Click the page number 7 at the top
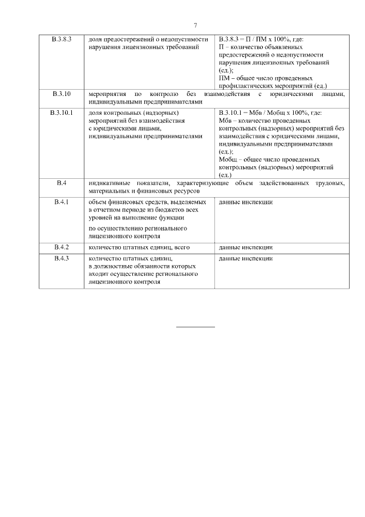[196, 26]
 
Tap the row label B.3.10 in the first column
[61, 94]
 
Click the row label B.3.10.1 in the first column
[61, 113]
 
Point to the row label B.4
[61, 182]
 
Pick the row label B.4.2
[61, 247]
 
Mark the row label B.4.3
[61, 259]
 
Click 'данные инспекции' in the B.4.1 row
[246, 202]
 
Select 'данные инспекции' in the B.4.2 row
[246, 247]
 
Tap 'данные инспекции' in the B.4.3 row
[246, 259]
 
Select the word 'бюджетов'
[171, 210]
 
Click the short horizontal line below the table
[196, 327]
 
